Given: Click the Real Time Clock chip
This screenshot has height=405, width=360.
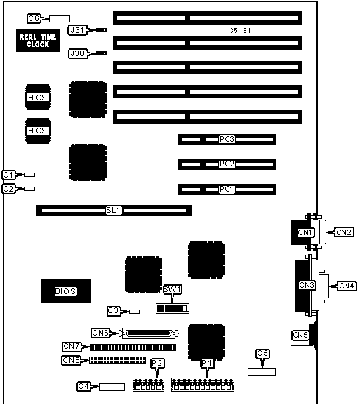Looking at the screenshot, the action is tap(38, 41).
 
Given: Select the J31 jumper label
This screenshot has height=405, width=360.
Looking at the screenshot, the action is tap(77, 30).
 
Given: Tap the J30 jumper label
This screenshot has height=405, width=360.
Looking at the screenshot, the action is tap(77, 53).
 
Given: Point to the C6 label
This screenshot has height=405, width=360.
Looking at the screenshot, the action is tap(34, 18).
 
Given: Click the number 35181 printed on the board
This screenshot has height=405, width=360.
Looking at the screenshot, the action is tap(240, 30).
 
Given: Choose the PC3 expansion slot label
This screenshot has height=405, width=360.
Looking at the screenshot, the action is tap(227, 139).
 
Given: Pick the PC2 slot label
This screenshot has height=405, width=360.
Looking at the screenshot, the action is tap(227, 164).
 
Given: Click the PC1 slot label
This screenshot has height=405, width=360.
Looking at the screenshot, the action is tap(227, 190).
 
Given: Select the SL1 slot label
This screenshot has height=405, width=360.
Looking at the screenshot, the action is tap(114, 211).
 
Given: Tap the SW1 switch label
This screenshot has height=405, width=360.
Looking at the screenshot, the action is tap(173, 289).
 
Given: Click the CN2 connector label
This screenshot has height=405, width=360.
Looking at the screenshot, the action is tap(344, 232).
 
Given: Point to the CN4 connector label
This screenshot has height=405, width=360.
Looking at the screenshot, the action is tap(347, 286).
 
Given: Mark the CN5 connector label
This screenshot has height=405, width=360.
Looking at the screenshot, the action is tap(300, 335).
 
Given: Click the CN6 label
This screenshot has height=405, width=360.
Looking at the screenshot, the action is tap(100, 333).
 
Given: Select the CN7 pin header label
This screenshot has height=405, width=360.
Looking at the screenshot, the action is tap(72, 346).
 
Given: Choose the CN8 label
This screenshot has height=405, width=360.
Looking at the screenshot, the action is tap(72, 360).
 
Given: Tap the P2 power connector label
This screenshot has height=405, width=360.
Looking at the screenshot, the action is tap(157, 364).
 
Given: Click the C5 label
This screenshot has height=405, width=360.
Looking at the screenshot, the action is tap(262, 353).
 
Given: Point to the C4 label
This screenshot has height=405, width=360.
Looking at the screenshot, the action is tap(84, 386).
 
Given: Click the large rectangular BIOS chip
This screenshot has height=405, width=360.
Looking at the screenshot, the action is tap(65, 291).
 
